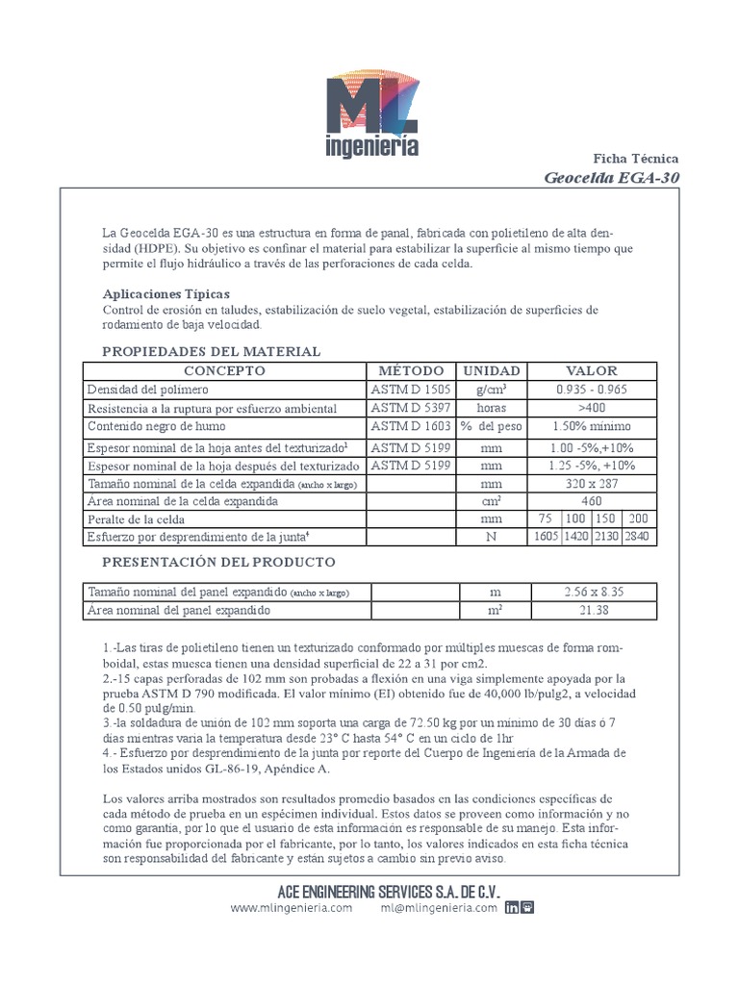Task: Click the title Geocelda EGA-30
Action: click(x=612, y=177)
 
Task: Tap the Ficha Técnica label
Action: click(x=635, y=158)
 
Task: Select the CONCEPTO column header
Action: click(x=224, y=370)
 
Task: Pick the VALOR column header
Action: click(x=593, y=370)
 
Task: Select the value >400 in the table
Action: click(x=593, y=408)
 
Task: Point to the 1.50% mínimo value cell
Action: click(x=593, y=426)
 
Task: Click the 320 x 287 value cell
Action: click(x=593, y=483)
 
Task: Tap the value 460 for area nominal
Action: click(x=593, y=501)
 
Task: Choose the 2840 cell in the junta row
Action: click(x=640, y=537)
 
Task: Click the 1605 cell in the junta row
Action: click(x=546, y=537)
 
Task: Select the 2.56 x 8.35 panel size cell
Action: click(x=593, y=592)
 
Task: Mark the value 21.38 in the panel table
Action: click(x=593, y=610)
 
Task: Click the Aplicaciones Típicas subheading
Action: click(x=166, y=293)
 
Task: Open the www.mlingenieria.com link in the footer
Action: click(x=292, y=907)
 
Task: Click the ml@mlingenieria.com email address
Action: click(x=438, y=907)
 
